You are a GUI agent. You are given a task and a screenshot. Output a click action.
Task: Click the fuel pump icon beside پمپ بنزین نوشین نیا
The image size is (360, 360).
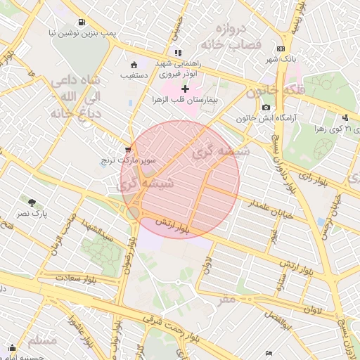click(82, 22)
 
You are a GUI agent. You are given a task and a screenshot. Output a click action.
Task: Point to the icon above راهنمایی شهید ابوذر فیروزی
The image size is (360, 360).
click(178, 52)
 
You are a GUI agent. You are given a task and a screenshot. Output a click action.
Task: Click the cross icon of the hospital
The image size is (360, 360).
click(186, 89)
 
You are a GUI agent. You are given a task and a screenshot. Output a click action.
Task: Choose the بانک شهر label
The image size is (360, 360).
click(282, 59)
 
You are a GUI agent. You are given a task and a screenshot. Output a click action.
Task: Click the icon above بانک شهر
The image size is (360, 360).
click(281, 49)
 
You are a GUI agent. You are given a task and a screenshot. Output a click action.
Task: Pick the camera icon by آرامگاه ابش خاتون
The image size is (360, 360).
click(266, 107)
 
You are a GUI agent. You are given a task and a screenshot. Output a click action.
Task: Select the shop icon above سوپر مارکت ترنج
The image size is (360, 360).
click(127, 150)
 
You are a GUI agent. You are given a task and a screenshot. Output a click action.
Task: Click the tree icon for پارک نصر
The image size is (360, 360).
click(30, 202)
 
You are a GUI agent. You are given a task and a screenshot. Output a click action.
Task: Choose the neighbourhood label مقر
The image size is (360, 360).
click(226, 299)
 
